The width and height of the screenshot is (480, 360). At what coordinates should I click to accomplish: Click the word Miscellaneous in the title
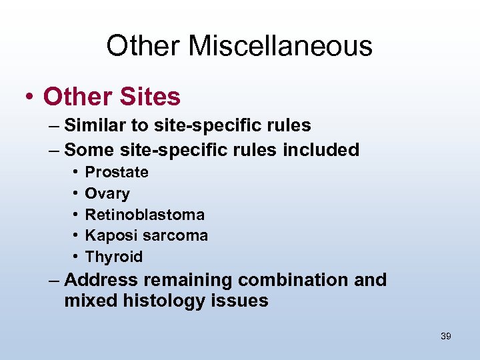[280, 46]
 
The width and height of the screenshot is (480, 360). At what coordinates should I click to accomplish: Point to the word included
[321, 149]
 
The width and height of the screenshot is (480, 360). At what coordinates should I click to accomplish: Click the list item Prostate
[117, 172]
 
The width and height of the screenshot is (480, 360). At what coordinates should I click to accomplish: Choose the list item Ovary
[107, 193]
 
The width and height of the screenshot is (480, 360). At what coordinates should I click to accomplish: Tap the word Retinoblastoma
[145, 215]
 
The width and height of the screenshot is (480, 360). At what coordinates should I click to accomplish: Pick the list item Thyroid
[114, 257]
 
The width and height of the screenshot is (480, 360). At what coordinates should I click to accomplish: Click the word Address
[101, 280]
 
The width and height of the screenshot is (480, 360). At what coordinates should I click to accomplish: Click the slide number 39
[446, 336]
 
